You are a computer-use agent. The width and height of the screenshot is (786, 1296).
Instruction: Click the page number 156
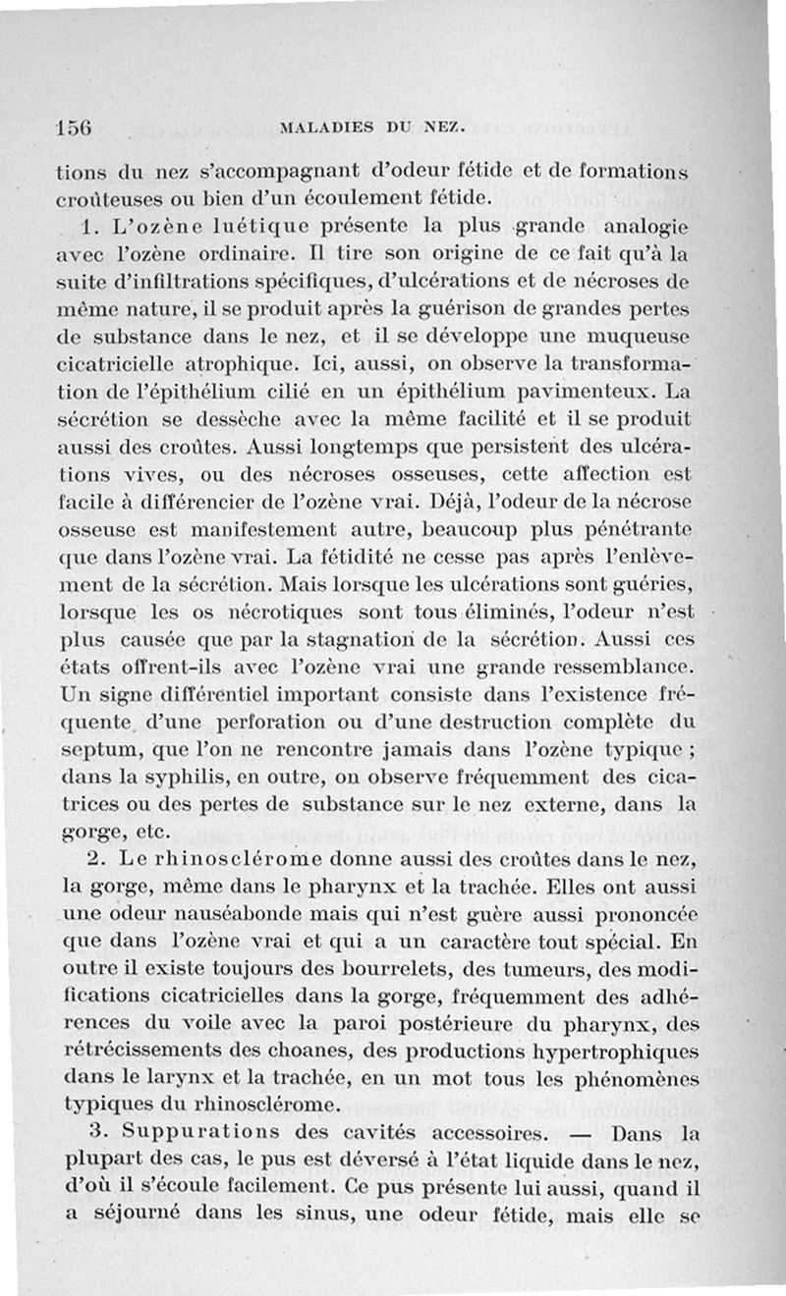[x=74, y=127]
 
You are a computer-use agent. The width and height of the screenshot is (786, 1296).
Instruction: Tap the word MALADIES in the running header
[x=316, y=127]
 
